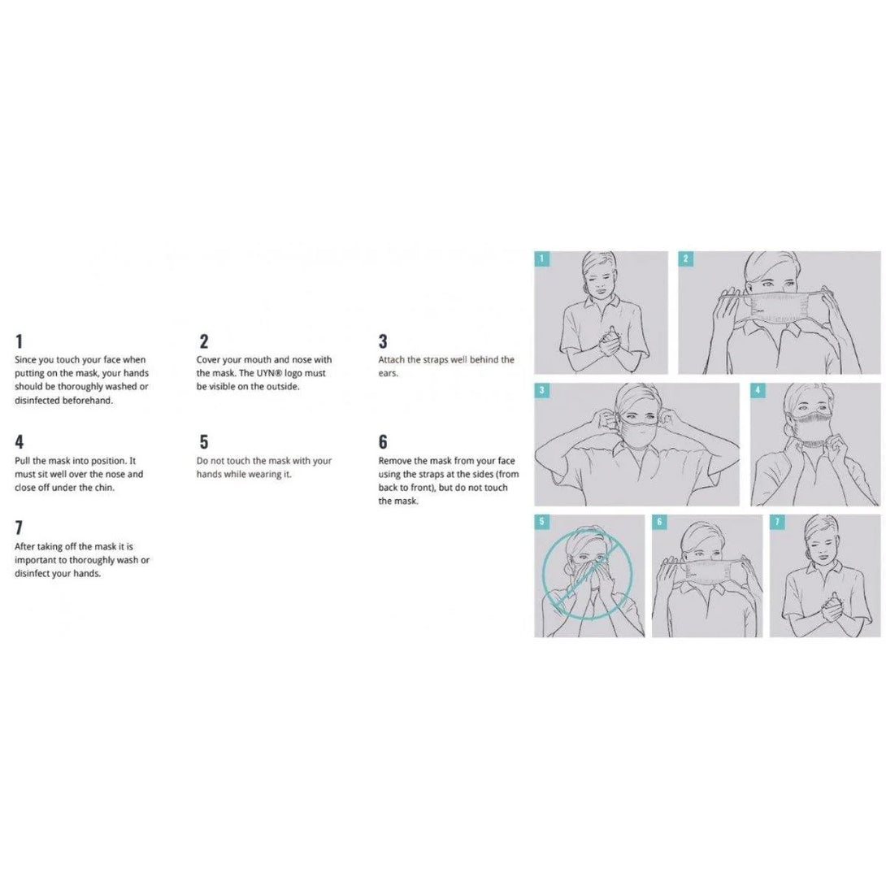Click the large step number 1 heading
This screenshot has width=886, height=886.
tap(20, 341)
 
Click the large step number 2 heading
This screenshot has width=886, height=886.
tap(204, 341)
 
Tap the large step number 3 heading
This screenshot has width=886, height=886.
tap(383, 341)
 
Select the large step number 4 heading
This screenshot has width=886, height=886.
tap(20, 442)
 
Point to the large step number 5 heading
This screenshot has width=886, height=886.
tap(204, 442)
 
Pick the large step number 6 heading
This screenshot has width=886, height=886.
tap(383, 442)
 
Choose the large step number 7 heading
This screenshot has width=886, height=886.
tap(20, 528)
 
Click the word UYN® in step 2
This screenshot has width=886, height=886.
tap(269, 373)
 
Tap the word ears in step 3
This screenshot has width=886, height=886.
tap(389, 373)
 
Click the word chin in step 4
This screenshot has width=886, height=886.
tap(105, 488)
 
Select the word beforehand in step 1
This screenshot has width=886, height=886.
tap(88, 401)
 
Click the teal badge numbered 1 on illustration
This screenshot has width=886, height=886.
tap(541, 258)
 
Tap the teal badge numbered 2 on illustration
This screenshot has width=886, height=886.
tap(685, 258)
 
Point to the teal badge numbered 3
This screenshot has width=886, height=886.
tap(541, 390)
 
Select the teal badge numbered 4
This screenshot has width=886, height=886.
tap(758, 390)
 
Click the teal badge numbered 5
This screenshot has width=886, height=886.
tap(541, 522)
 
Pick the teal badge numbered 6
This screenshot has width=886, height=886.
tap(659, 522)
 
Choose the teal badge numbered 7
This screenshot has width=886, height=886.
tap(777, 522)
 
